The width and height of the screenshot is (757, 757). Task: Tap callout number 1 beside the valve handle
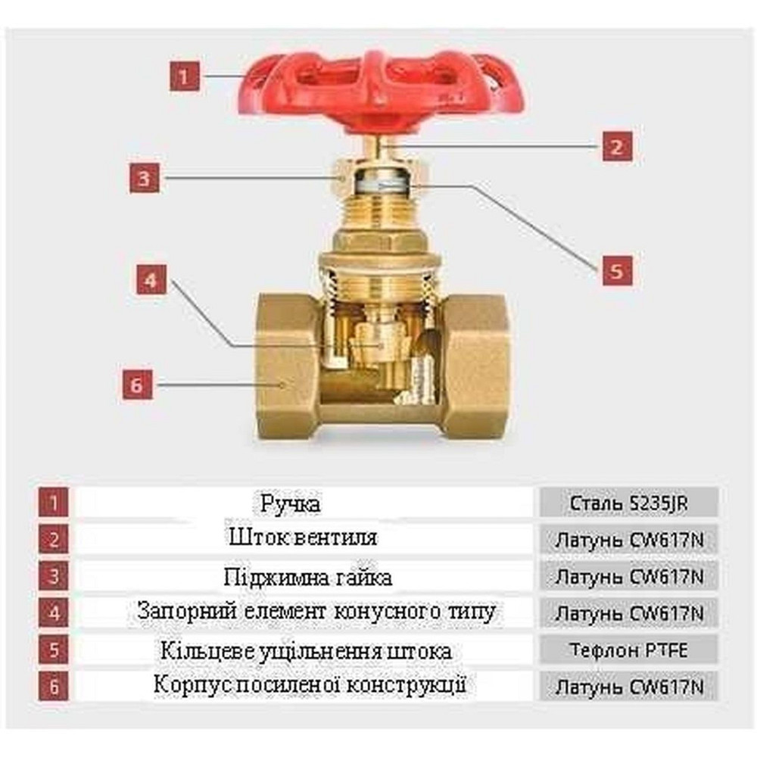click(x=185, y=76)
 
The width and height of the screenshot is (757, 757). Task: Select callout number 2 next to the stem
click(x=617, y=145)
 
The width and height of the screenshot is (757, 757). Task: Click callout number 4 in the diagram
click(x=151, y=280)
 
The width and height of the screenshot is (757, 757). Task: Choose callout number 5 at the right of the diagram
click(x=617, y=269)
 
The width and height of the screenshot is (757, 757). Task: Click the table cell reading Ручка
click(x=291, y=503)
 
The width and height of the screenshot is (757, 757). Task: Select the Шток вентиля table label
click(x=302, y=538)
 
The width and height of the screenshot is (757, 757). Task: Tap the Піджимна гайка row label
click(x=307, y=578)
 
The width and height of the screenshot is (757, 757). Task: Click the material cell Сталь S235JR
click(x=629, y=502)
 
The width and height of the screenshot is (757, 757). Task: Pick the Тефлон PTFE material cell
click(x=629, y=650)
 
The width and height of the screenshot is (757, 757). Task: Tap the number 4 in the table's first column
click(x=53, y=612)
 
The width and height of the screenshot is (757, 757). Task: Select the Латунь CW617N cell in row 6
click(x=629, y=687)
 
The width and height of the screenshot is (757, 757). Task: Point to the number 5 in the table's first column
click(x=53, y=650)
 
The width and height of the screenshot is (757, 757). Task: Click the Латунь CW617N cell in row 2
click(x=629, y=539)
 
